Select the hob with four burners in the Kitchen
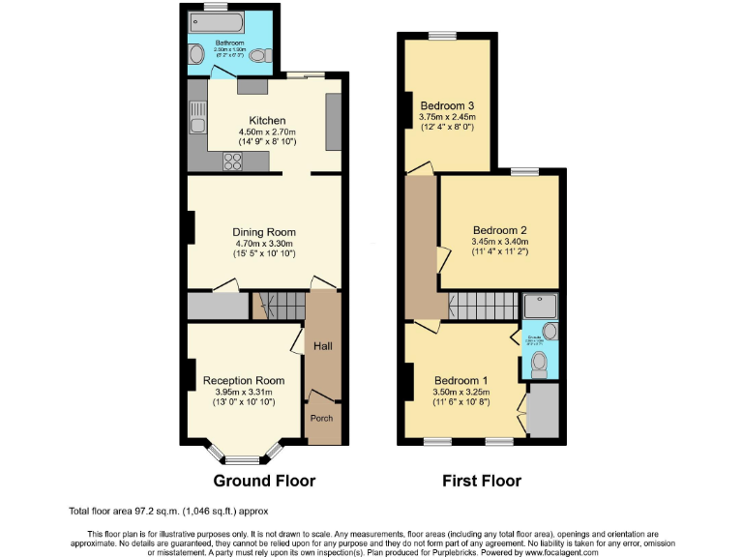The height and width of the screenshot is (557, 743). tap(233, 162)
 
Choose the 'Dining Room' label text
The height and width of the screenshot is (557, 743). tap(263, 232)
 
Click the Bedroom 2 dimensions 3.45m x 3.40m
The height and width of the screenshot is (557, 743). tap(498, 242)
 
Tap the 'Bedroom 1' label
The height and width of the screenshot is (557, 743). tap(461, 380)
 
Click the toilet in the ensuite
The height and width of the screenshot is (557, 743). tap(540, 363)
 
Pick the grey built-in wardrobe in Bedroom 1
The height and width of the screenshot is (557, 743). tap(544, 409)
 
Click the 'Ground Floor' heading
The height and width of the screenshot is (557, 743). tap(264, 481)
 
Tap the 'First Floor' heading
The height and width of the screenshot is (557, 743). tap(482, 481)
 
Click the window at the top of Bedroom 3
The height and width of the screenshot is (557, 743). tap(443, 36)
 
